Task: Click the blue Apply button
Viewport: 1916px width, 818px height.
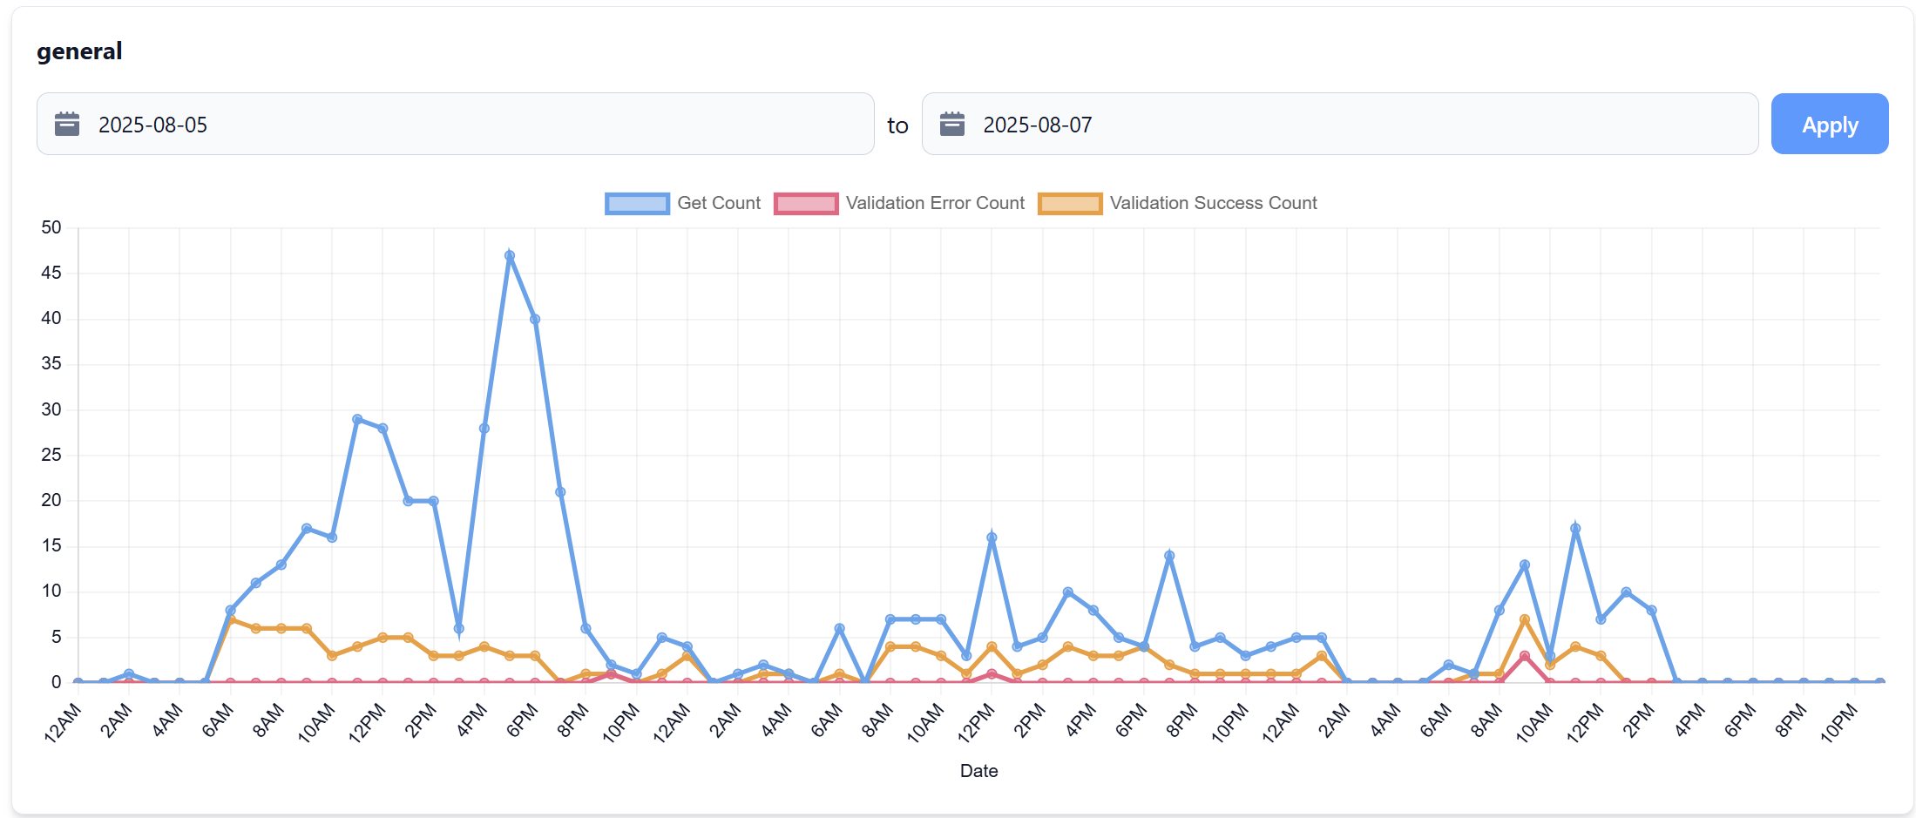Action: click(1829, 125)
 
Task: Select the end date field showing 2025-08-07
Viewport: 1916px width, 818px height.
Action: click(1339, 125)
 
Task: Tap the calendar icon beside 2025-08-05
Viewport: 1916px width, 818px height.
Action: click(67, 125)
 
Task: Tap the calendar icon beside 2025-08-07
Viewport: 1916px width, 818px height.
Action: click(951, 125)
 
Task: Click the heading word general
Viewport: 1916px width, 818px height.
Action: click(79, 51)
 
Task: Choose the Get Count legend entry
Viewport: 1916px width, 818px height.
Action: click(684, 203)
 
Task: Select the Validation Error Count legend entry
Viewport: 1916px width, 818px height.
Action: click(900, 203)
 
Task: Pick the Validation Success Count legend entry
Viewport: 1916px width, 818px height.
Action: click(1178, 203)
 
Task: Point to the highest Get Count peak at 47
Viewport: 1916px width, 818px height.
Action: click(510, 256)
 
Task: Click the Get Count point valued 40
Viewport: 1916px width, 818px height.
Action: click(535, 319)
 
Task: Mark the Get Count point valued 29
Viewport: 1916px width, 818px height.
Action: click(357, 419)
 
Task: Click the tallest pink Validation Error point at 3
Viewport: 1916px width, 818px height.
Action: click(1524, 656)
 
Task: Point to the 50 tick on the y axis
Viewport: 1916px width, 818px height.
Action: click(51, 228)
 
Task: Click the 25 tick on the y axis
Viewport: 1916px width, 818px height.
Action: click(51, 455)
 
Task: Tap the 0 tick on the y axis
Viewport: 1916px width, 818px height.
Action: click(56, 682)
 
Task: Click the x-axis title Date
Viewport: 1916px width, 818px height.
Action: click(978, 771)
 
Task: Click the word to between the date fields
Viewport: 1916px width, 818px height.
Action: click(897, 125)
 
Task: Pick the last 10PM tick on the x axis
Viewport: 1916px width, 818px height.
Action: click(1839, 722)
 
